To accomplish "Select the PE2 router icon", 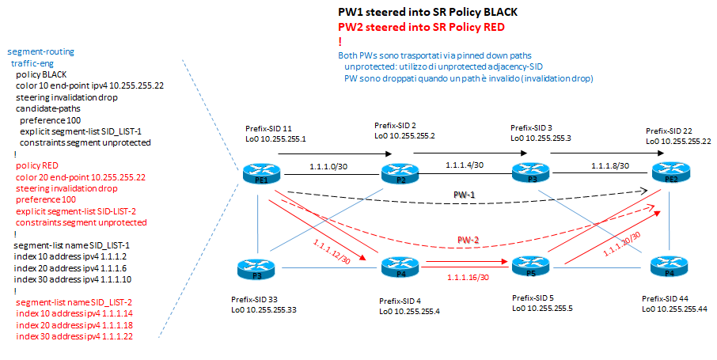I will [666, 172].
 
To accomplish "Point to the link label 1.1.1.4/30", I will [465, 165].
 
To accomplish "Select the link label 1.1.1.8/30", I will [609, 166].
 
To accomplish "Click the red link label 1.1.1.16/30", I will [467, 277].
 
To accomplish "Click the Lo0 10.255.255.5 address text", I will [544, 309].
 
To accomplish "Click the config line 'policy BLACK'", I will [41, 74].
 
